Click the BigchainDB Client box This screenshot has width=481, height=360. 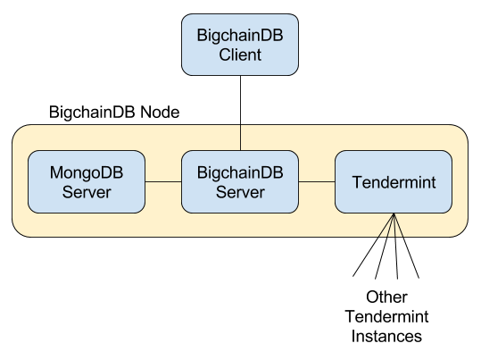[x=239, y=45]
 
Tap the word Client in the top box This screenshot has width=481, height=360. [x=239, y=55]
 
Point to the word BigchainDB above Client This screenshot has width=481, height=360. [x=239, y=36]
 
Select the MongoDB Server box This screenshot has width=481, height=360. [x=87, y=181]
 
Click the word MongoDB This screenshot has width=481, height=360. [x=87, y=172]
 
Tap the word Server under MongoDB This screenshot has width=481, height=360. [x=87, y=192]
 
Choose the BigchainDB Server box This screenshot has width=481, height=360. [x=240, y=181]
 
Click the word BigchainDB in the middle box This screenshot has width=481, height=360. [x=240, y=172]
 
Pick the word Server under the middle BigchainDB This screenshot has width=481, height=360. [x=240, y=192]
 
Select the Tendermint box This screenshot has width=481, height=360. [x=394, y=181]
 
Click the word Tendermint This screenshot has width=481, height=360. [x=394, y=182]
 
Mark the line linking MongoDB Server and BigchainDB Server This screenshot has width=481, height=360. [x=163, y=181]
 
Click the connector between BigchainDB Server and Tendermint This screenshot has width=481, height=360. [x=317, y=181]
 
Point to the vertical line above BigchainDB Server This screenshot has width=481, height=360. [x=240, y=138]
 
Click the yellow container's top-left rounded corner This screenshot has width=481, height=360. [x=20, y=132]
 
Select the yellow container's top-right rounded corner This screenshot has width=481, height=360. [x=460, y=132]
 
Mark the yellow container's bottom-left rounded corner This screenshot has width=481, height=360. [x=20, y=230]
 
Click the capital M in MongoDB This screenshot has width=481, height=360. [x=57, y=172]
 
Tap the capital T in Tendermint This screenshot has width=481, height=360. [x=357, y=182]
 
